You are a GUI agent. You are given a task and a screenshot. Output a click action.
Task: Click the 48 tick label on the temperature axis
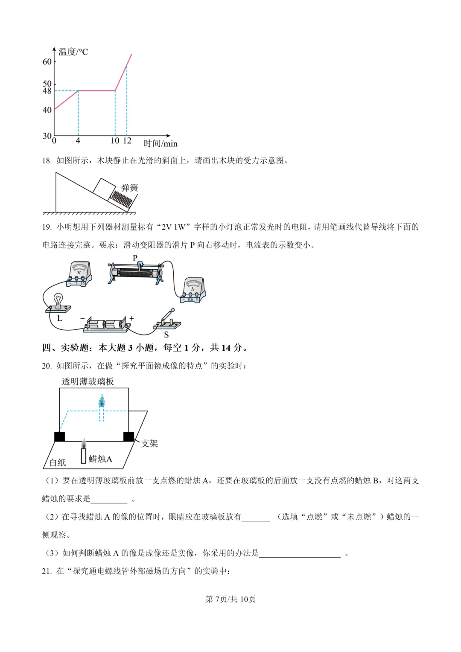click(x=47, y=91)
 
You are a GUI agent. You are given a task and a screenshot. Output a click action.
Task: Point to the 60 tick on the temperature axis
click(x=47, y=62)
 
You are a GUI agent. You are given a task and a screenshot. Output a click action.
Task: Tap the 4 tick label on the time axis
click(x=78, y=141)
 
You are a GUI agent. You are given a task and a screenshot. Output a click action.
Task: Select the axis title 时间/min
click(x=160, y=144)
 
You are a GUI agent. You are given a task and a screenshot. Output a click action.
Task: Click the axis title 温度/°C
click(x=73, y=52)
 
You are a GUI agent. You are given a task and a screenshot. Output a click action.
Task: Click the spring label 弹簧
click(x=130, y=188)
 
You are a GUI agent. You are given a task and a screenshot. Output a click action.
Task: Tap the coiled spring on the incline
click(x=121, y=200)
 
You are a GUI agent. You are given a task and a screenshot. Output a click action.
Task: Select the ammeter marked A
click(x=193, y=290)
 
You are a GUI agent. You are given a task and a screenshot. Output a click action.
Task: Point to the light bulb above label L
click(x=58, y=300)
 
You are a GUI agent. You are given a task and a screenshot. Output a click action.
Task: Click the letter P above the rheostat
click(x=135, y=258)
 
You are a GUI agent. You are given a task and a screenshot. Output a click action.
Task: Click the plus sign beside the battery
click(x=132, y=318)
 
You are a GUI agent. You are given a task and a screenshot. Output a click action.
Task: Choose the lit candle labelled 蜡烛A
click(x=84, y=453)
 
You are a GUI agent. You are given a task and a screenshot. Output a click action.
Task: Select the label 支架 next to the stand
click(x=149, y=444)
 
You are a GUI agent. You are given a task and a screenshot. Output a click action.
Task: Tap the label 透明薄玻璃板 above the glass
click(x=88, y=381)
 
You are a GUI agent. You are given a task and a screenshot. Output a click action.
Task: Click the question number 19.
click(x=47, y=227)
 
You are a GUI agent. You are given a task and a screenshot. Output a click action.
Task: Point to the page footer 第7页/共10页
click(x=230, y=599)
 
